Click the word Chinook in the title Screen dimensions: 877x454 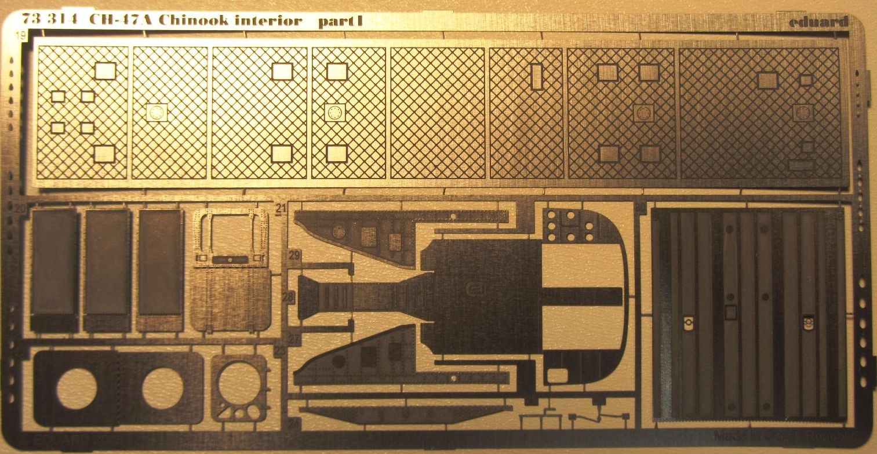[191, 21]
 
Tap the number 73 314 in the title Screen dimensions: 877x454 [60, 21]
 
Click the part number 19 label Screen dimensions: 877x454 [21, 37]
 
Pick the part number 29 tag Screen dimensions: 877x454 [294, 255]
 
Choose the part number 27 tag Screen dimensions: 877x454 [294, 339]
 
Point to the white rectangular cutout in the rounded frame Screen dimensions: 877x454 [556, 375]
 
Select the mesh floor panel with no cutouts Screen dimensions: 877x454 [438, 113]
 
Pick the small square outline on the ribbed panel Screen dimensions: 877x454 [731, 313]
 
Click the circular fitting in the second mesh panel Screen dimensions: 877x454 [157, 112]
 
